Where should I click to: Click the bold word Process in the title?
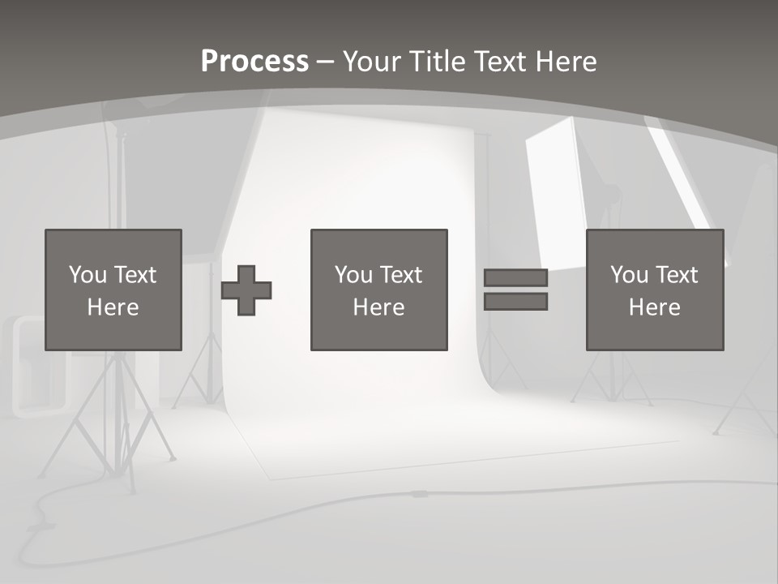click(254, 61)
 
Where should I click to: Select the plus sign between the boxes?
click(246, 290)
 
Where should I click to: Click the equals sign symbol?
click(515, 290)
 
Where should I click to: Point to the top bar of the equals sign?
click(515, 278)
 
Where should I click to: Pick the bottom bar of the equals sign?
click(515, 301)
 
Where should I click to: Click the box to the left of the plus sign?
click(113, 290)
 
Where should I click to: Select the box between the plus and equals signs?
click(378, 290)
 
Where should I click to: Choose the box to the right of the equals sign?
click(654, 290)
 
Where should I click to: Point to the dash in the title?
click(325, 62)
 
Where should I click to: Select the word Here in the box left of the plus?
click(113, 307)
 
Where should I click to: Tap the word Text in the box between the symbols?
click(401, 275)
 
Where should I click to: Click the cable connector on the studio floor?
click(419, 493)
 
